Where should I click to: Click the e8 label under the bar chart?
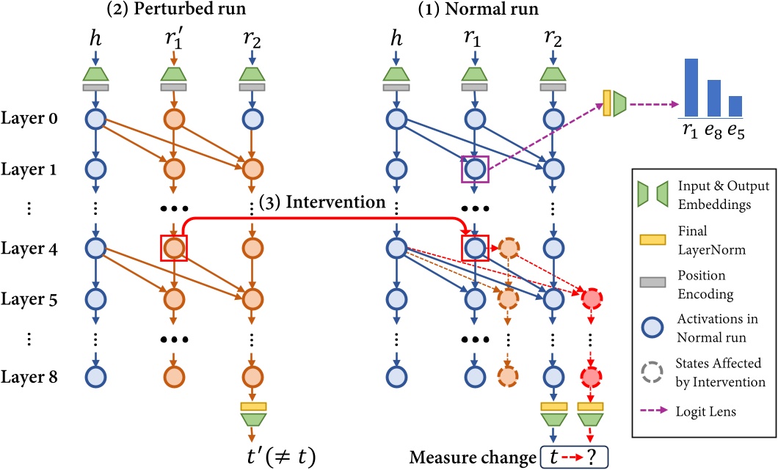point(711,132)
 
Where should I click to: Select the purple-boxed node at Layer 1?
point(475,170)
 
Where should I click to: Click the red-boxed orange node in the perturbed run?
point(173,249)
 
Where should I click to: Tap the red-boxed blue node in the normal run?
point(475,249)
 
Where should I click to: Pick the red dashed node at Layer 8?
point(590,377)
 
